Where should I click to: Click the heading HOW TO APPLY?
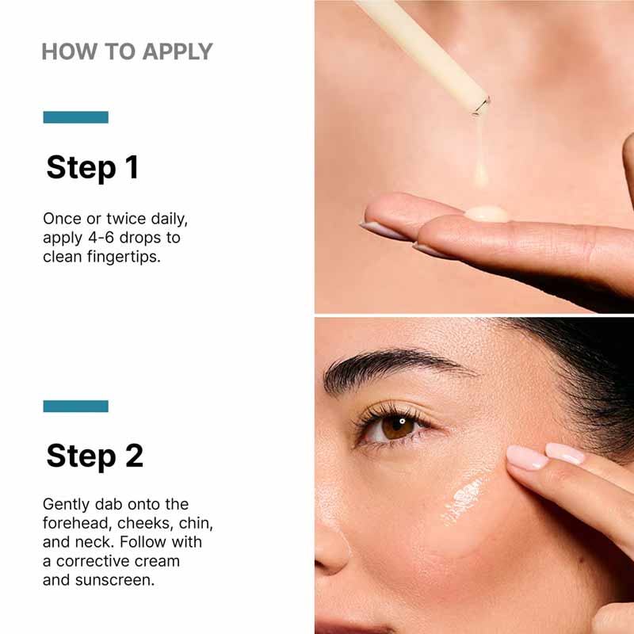pyautogui.click(x=127, y=52)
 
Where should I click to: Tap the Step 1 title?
pyautogui.click(x=92, y=167)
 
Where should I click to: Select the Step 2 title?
pyautogui.click(x=94, y=456)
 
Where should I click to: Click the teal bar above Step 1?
pyautogui.click(x=75, y=117)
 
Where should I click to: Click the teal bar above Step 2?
pyautogui.click(x=75, y=406)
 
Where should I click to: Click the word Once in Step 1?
pyautogui.click(x=62, y=219)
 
